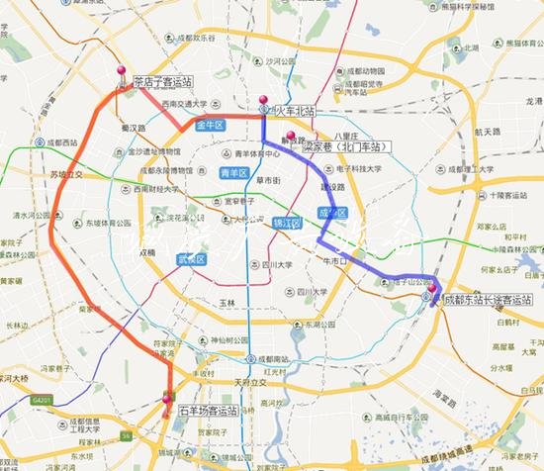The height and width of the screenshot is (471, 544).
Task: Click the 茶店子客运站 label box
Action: tap(162, 82)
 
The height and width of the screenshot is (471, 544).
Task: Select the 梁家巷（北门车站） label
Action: tap(341, 145)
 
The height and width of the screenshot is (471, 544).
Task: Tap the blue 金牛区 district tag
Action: tap(211, 125)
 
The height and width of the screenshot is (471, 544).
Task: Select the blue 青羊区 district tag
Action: tap(233, 174)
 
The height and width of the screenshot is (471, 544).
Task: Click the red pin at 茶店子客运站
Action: tap(122, 72)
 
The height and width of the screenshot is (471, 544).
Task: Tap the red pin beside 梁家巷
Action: tap(290, 137)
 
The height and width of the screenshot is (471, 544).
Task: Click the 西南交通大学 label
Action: tap(183, 104)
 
